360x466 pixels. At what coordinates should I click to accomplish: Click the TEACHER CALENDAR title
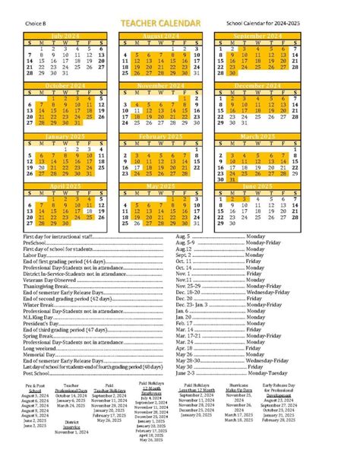(x=166, y=25)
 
